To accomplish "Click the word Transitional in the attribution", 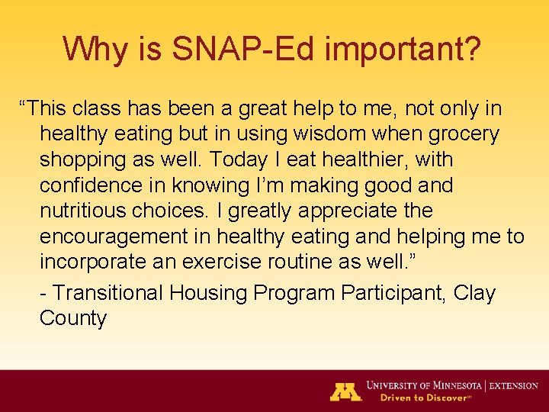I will click(x=109, y=293).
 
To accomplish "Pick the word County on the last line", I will click(x=73, y=318).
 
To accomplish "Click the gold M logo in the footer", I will click(x=345, y=391).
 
